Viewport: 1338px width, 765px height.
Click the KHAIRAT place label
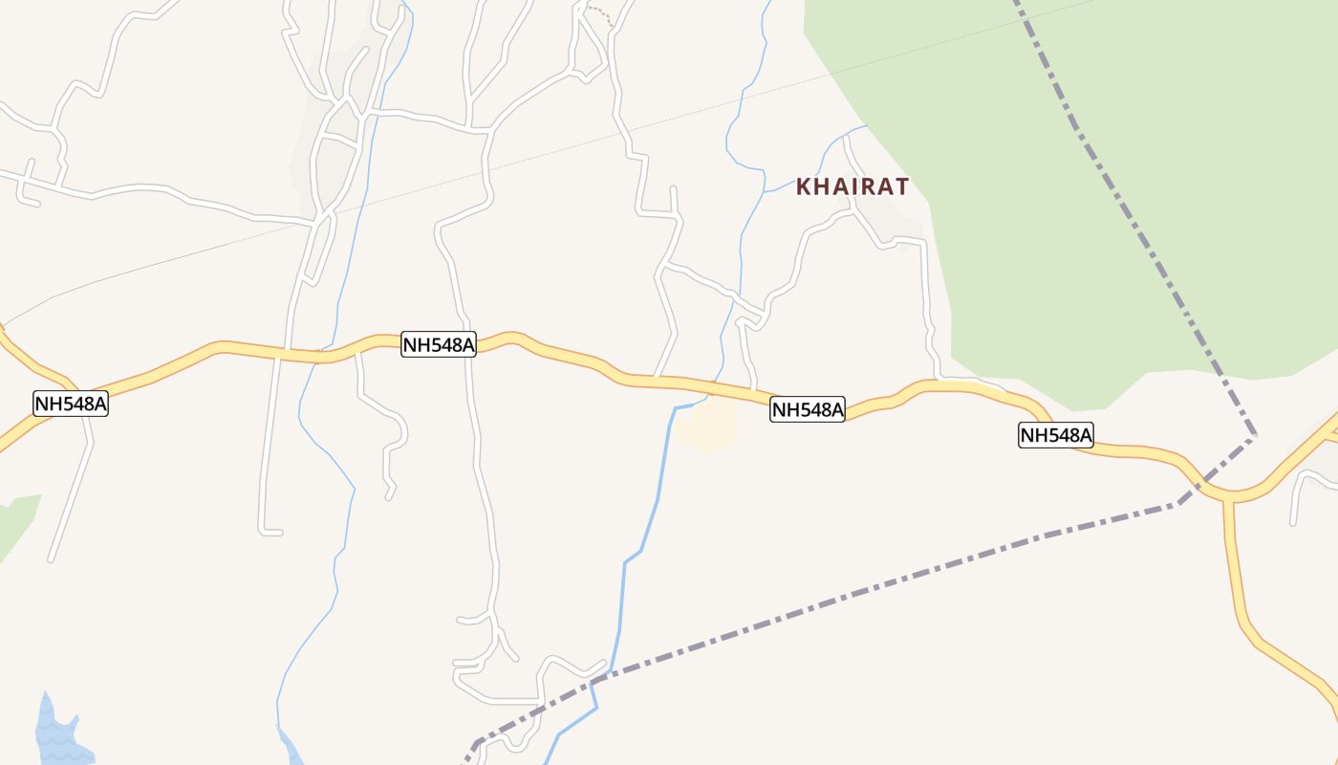pos(852,186)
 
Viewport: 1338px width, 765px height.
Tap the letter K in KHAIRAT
pos(804,186)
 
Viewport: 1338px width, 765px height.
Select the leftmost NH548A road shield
pos(71,404)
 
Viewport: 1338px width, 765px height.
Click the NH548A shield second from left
pos(439,345)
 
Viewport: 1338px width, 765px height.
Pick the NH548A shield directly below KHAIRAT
pos(808,410)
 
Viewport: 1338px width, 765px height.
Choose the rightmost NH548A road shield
pos(1055,436)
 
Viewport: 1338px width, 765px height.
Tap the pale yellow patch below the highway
pos(708,424)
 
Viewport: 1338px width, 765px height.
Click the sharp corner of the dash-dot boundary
pos(1254,437)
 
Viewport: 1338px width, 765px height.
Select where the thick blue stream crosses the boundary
pos(594,680)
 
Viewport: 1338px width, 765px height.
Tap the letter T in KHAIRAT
pos(899,186)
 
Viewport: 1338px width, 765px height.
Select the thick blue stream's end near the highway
pos(677,408)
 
